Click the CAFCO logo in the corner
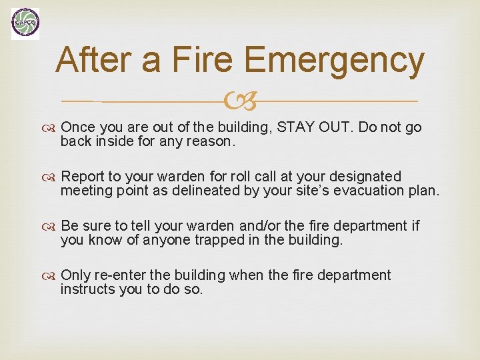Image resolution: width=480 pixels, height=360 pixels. tap(25, 24)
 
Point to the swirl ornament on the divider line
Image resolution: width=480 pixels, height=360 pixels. tap(239, 102)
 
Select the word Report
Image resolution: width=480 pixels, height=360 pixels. tap(82, 177)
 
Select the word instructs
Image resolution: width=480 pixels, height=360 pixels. tap(85, 289)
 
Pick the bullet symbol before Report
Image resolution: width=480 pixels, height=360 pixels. tap(51, 177)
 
